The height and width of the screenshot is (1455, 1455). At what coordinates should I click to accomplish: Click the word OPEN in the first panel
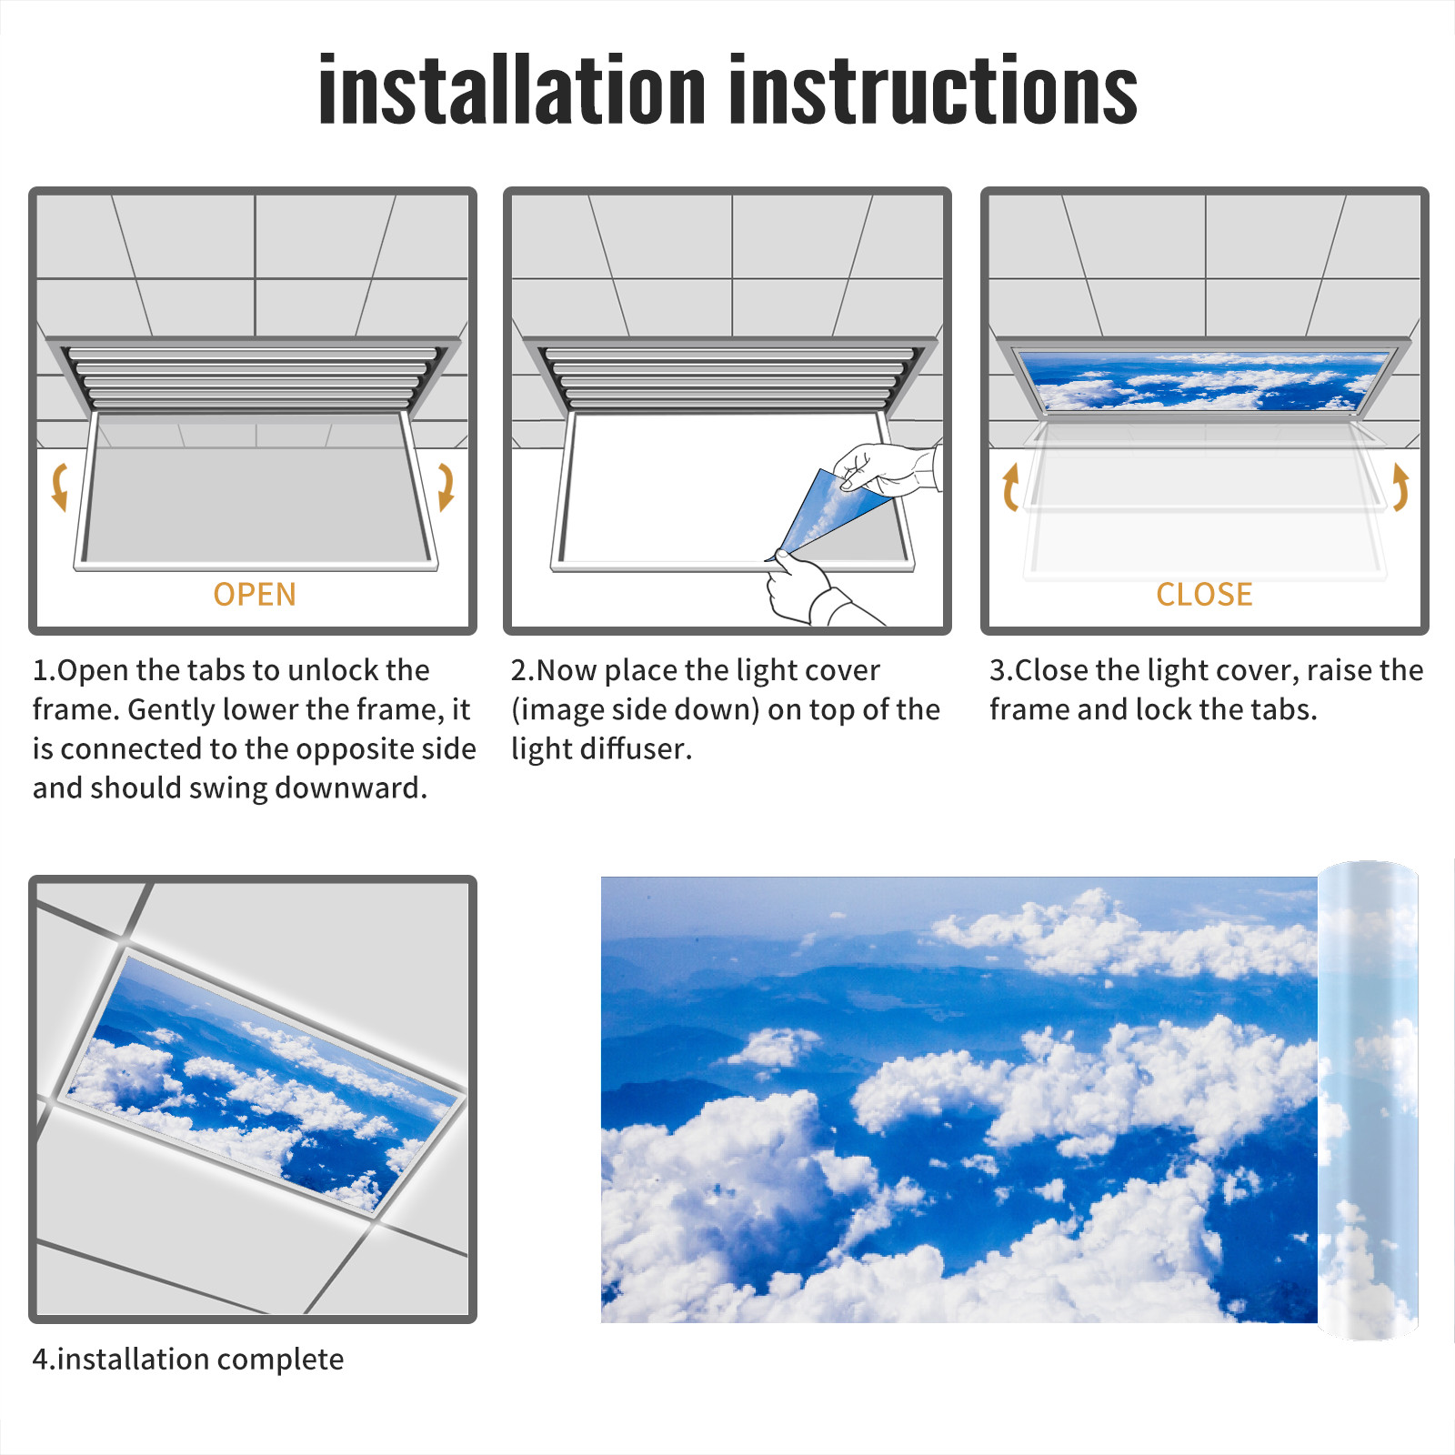pos(255,594)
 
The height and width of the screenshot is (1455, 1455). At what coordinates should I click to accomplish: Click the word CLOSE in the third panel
pos(1204,594)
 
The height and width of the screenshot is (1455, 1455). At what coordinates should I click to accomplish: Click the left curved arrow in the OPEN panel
pos(59,487)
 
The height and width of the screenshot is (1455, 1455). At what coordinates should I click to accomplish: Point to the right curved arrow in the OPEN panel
pos(447,487)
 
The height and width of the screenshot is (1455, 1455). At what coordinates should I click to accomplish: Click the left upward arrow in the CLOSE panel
pos(1009,487)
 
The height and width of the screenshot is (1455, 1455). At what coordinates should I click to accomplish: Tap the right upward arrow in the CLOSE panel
pos(1400,487)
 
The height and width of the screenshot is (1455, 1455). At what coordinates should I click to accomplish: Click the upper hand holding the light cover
pos(887,469)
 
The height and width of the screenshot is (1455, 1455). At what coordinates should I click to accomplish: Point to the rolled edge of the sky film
pos(1368,1100)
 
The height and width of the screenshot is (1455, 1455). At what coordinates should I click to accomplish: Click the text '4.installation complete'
pos(188,1360)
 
